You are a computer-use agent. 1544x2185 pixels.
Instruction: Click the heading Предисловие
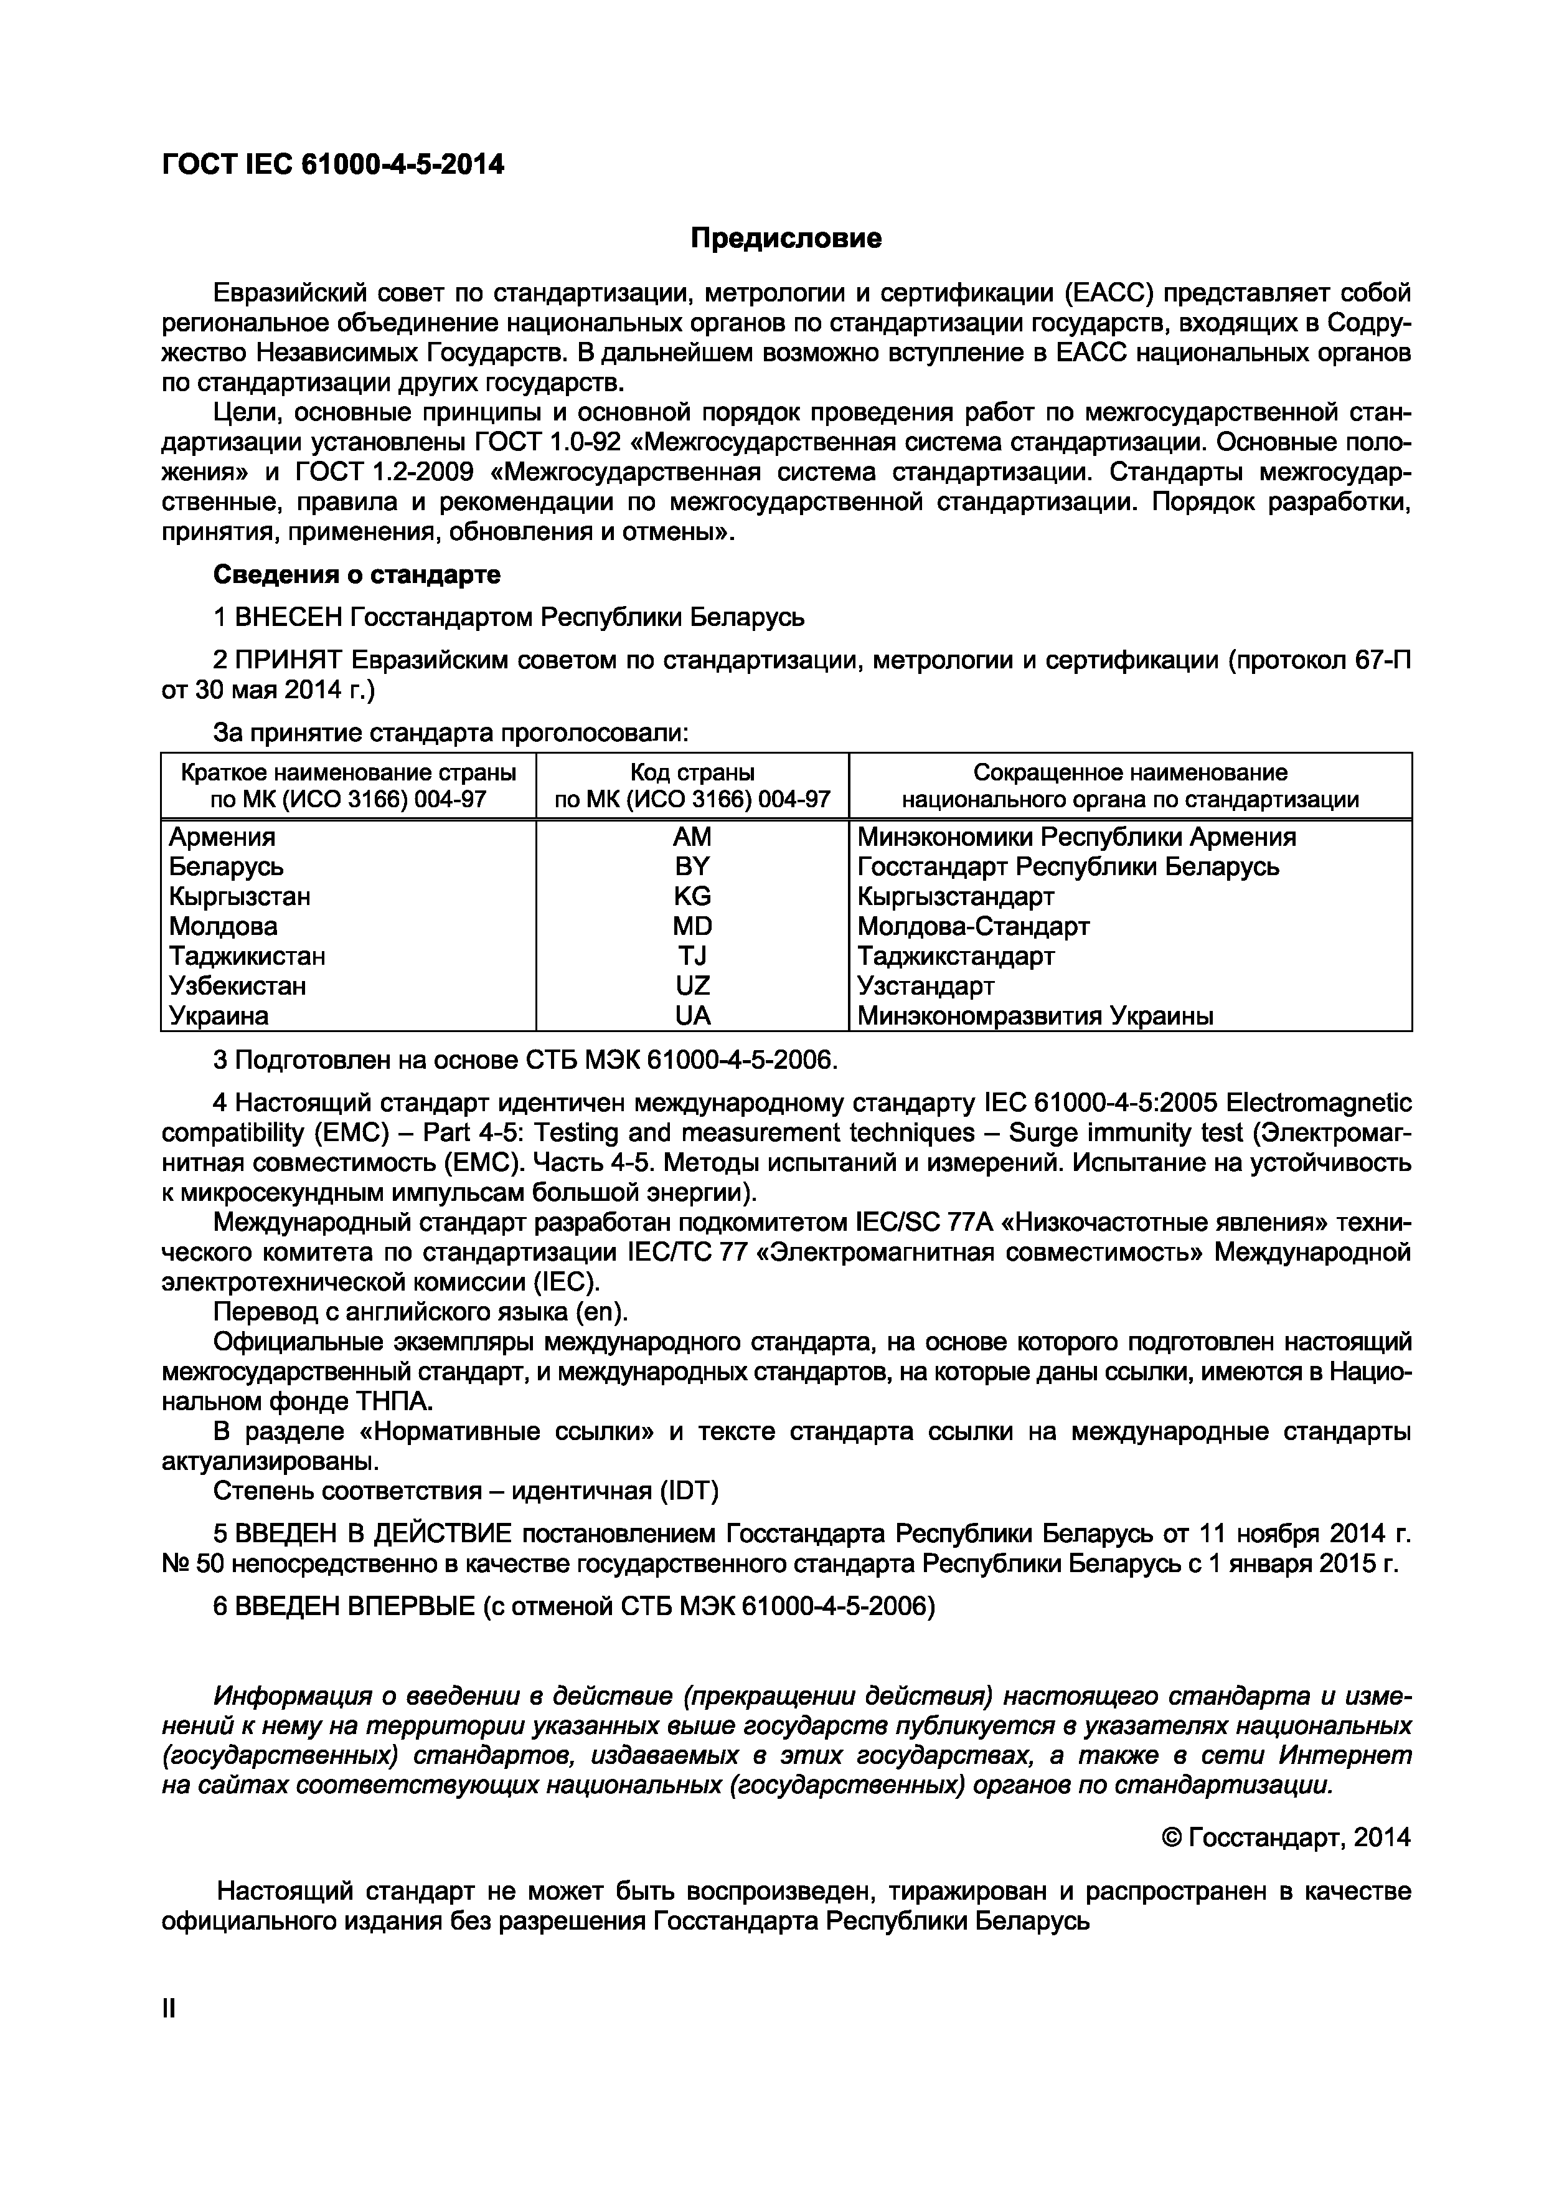[785, 238]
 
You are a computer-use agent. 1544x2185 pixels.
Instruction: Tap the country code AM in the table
[692, 837]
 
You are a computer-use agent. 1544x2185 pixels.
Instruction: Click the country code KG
[692, 896]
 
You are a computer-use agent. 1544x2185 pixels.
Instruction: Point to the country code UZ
[692, 986]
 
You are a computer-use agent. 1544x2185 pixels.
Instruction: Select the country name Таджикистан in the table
[247, 955]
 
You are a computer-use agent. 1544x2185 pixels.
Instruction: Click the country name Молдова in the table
[223, 926]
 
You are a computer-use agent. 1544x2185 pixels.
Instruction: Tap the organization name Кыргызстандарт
[955, 896]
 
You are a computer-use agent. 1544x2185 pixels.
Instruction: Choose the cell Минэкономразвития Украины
[1035, 1015]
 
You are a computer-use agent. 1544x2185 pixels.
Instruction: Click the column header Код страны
[692, 772]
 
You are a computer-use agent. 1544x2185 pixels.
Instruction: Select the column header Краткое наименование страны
[348, 772]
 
